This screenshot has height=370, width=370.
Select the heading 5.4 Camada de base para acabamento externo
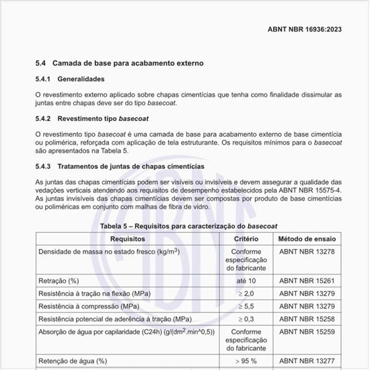(x=119, y=63)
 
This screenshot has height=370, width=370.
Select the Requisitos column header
(x=128, y=239)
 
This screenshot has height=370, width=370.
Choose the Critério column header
(x=246, y=239)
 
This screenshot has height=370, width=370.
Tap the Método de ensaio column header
(x=307, y=239)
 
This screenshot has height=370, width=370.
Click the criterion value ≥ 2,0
(x=246, y=293)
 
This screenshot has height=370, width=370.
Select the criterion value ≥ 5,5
(x=246, y=305)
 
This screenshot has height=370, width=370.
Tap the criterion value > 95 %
(x=246, y=361)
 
